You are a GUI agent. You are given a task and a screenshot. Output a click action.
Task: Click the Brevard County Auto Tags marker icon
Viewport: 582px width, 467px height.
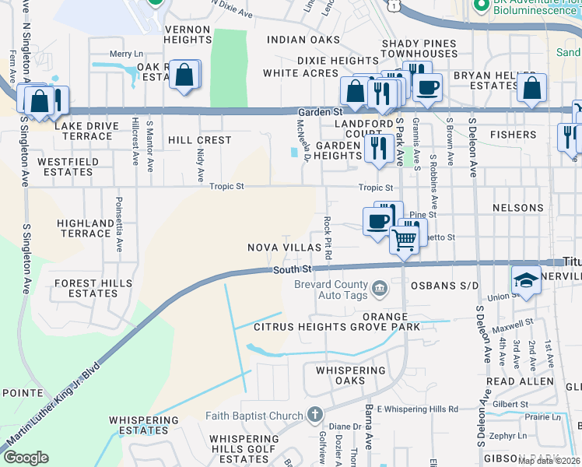379,290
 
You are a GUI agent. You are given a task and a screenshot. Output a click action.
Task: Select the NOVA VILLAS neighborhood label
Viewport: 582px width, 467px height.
284,248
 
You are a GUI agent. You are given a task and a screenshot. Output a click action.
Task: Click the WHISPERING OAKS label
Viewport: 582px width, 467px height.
350,376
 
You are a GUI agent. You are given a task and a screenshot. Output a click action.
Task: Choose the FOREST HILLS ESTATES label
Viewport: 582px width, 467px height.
93,289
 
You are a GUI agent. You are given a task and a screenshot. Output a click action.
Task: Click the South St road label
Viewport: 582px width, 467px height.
293,269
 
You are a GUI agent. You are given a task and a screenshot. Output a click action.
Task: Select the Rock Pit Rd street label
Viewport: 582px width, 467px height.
328,238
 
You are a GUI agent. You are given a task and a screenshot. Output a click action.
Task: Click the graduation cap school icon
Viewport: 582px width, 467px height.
526,280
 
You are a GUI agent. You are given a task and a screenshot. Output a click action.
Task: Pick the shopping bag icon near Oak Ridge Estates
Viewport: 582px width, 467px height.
185,76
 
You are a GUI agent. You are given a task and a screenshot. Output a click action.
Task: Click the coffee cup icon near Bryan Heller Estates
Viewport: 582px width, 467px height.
427,86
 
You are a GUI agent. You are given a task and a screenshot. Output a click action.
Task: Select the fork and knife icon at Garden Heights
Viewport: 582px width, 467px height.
379,147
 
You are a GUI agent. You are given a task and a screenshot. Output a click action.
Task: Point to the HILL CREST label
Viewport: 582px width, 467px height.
200,140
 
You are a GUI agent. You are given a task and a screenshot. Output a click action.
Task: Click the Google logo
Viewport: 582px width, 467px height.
26,458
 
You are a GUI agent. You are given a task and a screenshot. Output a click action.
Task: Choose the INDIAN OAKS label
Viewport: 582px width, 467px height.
303,40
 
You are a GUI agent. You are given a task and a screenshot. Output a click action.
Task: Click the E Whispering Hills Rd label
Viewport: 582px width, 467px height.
418,409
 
